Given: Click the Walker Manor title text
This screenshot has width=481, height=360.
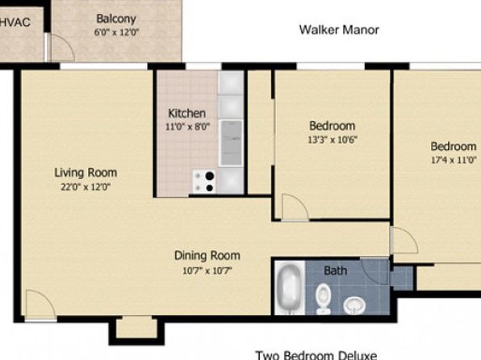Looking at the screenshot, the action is click(x=339, y=30).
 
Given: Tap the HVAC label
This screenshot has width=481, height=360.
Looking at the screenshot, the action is click(x=15, y=22).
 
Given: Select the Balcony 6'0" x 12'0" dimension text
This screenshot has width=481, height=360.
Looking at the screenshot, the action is click(x=116, y=32).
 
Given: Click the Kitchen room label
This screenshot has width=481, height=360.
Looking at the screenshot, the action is click(x=186, y=113).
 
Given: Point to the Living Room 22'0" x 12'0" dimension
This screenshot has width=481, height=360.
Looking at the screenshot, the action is click(x=86, y=186).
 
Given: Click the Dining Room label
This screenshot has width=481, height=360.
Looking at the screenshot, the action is click(x=207, y=255).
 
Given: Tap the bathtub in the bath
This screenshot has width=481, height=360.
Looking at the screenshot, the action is click(x=289, y=287).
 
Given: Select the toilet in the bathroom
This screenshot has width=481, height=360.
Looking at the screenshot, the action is click(x=324, y=299).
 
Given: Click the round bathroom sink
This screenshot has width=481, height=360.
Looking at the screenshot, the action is click(x=354, y=305).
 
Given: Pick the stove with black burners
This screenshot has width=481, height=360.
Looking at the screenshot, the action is click(x=204, y=182).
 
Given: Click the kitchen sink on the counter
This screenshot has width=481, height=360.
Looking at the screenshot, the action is click(x=232, y=143).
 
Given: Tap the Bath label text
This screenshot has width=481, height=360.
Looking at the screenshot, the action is click(x=336, y=270).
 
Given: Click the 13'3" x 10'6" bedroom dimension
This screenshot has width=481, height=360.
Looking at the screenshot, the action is click(x=333, y=140).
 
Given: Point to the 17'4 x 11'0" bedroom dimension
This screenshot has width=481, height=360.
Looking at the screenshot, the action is click(x=454, y=160).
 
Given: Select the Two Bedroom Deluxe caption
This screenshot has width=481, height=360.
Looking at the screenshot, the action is click(x=316, y=355).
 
